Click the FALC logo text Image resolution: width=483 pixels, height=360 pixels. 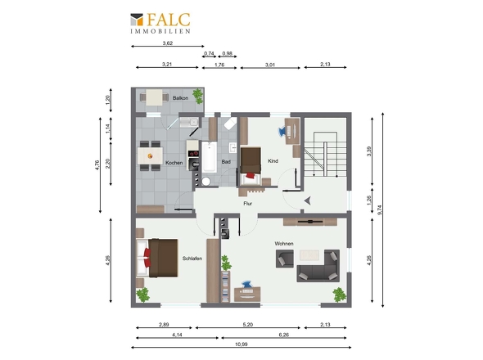click(x=168, y=20)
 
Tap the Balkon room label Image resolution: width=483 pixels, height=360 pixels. click(x=180, y=98)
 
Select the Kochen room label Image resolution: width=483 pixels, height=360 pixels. click(x=174, y=163)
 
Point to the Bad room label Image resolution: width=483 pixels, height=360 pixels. click(x=226, y=162)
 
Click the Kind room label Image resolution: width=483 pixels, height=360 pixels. click(x=273, y=160)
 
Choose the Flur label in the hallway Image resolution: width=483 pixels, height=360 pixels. click(x=248, y=203)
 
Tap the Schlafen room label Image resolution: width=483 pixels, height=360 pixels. click(x=192, y=259)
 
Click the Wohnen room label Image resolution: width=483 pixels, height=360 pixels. click(x=284, y=244)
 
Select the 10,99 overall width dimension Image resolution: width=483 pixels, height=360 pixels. click(x=241, y=344)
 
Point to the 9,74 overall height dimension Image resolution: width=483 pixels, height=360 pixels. click(x=380, y=210)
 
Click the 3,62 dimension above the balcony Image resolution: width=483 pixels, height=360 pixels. click(x=167, y=43)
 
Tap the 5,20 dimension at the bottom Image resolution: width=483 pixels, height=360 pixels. click(x=248, y=324)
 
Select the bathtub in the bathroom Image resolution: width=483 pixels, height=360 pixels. click(x=210, y=157)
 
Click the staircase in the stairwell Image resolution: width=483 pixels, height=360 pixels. click(x=325, y=155)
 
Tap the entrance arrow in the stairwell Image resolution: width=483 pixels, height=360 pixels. click(x=308, y=200)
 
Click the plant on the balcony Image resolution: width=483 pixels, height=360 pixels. click(x=198, y=96)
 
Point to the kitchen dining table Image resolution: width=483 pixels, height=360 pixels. click(x=150, y=155)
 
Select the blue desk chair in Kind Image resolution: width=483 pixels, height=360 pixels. click(x=282, y=132)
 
